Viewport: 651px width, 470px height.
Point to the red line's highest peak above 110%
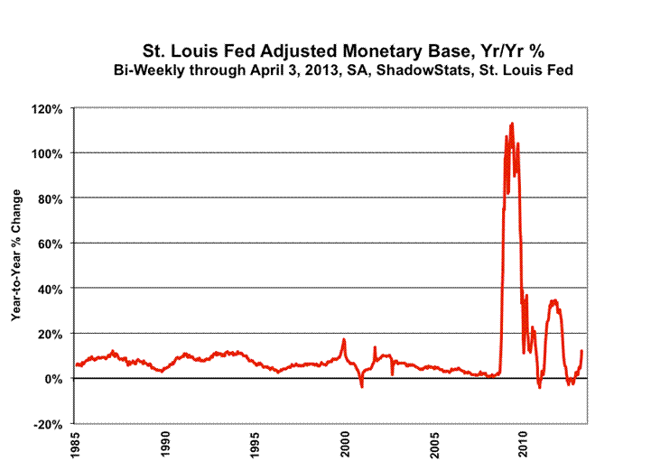click(512, 124)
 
